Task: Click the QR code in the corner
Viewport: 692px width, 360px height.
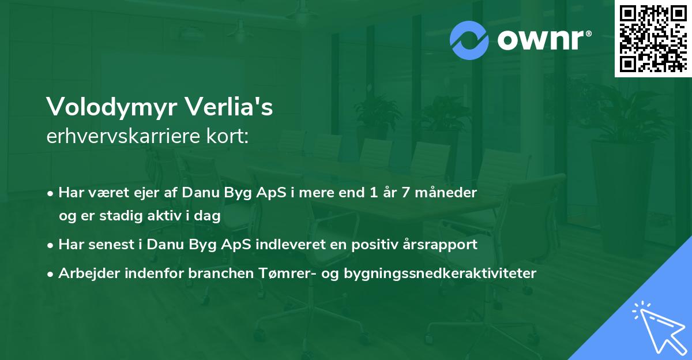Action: [x=653, y=38]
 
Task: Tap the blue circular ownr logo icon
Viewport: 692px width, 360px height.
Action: [x=469, y=40]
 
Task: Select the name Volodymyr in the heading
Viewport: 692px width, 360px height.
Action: [x=112, y=107]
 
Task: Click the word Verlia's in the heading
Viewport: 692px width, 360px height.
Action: [x=229, y=106]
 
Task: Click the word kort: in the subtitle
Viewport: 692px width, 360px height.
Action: [x=227, y=136]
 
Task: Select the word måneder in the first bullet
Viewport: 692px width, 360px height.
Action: [x=446, y=193]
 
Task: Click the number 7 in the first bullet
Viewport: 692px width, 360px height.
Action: [x=405, y=193]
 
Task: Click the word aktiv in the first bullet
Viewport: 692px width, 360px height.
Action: [x=164, y=215]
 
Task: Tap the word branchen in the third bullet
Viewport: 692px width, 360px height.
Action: [x=221, y=273]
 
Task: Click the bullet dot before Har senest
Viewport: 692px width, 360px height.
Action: [x=50, y=246]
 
